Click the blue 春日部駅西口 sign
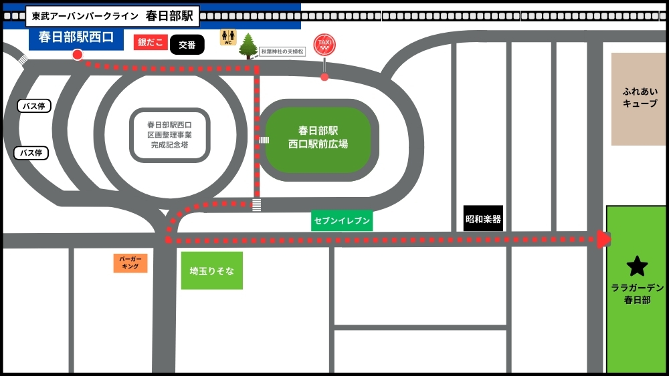(76, 37)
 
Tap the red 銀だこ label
(151, 43)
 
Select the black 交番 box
(187, 45)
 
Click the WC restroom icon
(228, 37)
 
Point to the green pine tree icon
(248, 46)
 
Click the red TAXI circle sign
(324, 44)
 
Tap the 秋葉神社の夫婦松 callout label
(282, 51)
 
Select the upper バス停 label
(34, 106)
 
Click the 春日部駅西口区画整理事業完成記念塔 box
(170, 135)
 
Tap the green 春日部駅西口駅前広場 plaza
(318, 138)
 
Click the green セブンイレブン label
(342, 220)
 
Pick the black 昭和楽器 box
(483, 218)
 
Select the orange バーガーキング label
(130, 262)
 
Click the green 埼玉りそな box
(211, 270)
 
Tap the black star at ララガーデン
(637, 266)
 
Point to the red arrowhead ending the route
(603, 239)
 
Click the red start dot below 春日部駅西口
(78, 55)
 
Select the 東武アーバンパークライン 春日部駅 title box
(112, 15)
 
